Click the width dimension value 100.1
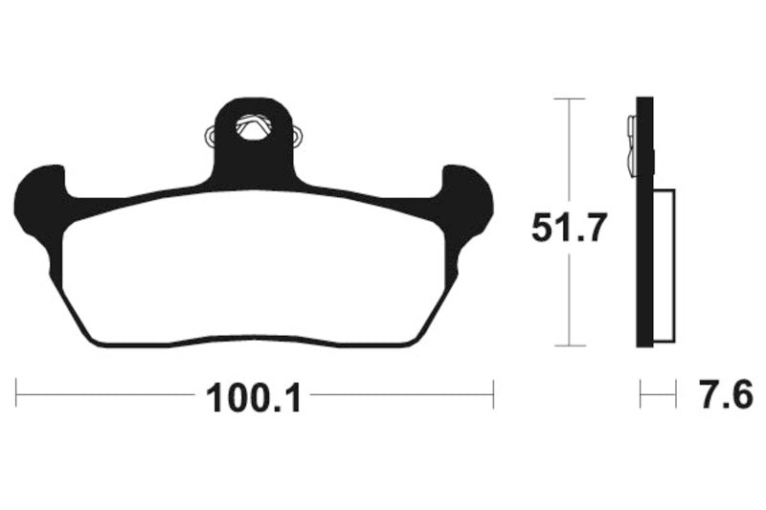click(255, 395)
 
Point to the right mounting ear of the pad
click(469, 202)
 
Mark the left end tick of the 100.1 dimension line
click(16, 393)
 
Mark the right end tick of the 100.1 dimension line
click(492, 393)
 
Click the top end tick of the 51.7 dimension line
click(570, 99)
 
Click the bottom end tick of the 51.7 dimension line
click(570, 345)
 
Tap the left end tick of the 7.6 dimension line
click(642, 393)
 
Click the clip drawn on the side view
click(631, 144)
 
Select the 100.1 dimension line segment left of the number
click(105, 393)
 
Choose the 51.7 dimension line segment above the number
click(570, 153)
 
